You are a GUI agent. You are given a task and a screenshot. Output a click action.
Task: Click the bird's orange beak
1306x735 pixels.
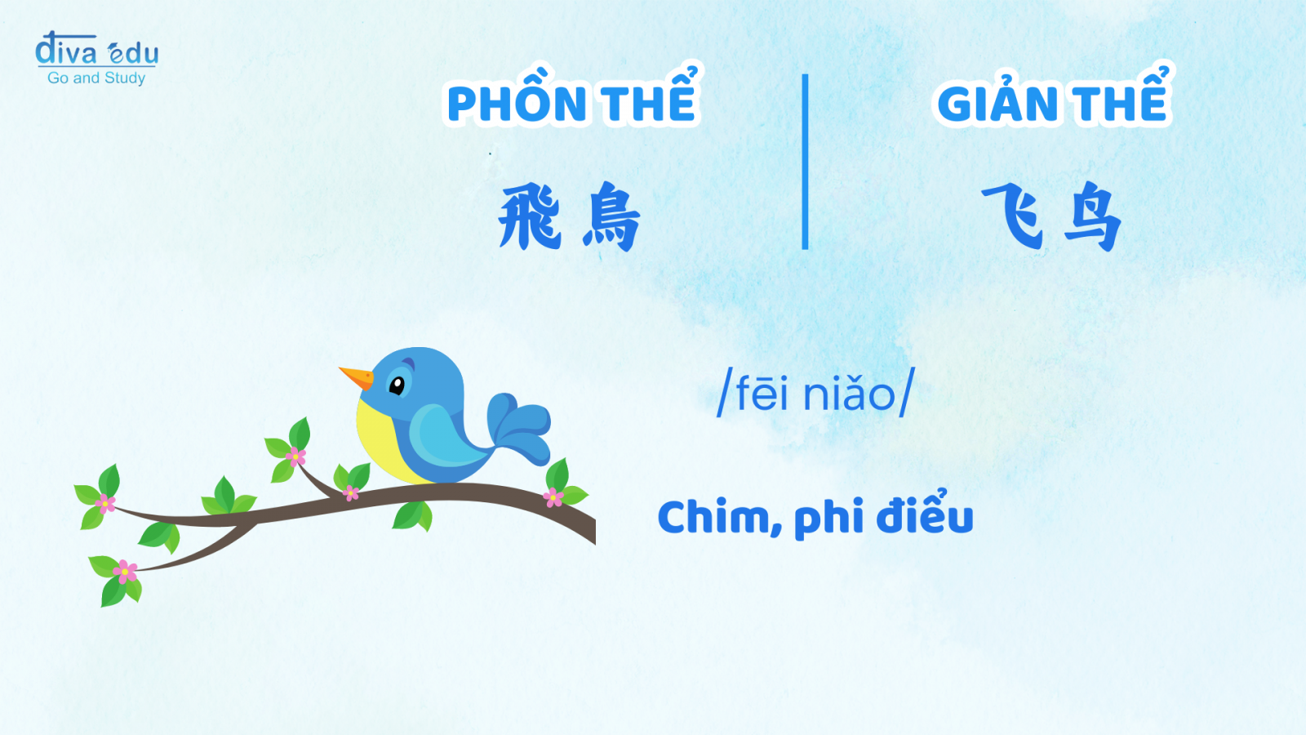click(357, 377)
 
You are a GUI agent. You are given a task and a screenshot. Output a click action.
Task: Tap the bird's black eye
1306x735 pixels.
click(397, 385)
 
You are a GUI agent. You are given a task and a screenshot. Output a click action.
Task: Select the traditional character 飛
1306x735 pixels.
click(530, 216)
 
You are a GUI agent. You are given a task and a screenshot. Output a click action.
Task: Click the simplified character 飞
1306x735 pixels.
click(1012, 215)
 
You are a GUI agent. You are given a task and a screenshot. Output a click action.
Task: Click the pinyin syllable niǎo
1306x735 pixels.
click(849, 393)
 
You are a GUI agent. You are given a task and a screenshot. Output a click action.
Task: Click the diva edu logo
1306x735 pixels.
click(97, 49)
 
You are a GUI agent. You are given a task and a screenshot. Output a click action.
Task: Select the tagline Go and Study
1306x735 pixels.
click(96, 78)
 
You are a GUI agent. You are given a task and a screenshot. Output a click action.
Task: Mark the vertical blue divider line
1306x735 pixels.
click(805, 162)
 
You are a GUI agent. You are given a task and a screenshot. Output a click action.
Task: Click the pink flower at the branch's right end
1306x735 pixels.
click(553, 497)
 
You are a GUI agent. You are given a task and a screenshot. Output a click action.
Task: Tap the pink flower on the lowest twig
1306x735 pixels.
click(125, 572)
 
